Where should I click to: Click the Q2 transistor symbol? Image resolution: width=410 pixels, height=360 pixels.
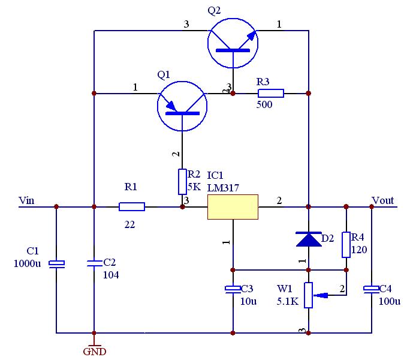point(233,41)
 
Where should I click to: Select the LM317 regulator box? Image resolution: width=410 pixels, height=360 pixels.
point(233,207)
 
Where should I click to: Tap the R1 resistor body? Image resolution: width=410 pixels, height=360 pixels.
point(132,207)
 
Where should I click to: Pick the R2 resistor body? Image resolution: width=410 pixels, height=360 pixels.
point(182,182)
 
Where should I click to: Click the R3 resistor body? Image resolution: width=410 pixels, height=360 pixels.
point(271,93)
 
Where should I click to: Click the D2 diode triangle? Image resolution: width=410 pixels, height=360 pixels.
point(309,239)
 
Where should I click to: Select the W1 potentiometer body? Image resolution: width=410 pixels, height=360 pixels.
point(309,295)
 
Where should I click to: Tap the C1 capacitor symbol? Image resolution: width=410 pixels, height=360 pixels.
point(56,263)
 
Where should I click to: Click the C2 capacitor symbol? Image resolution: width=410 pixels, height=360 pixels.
point(94,262)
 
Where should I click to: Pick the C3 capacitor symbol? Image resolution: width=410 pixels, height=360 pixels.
point(233,290)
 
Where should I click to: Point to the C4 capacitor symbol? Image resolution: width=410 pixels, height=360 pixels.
point(372,290)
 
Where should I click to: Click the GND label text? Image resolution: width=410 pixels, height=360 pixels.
point(94,352)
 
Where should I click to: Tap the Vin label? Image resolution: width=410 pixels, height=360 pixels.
point(27,200)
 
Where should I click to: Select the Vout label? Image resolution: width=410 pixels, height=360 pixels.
point(384,200)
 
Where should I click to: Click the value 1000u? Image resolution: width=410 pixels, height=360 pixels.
point(27,263)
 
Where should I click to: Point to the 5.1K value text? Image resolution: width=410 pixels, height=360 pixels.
point(288,301)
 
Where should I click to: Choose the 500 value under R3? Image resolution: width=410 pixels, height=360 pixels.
point(264,105)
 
